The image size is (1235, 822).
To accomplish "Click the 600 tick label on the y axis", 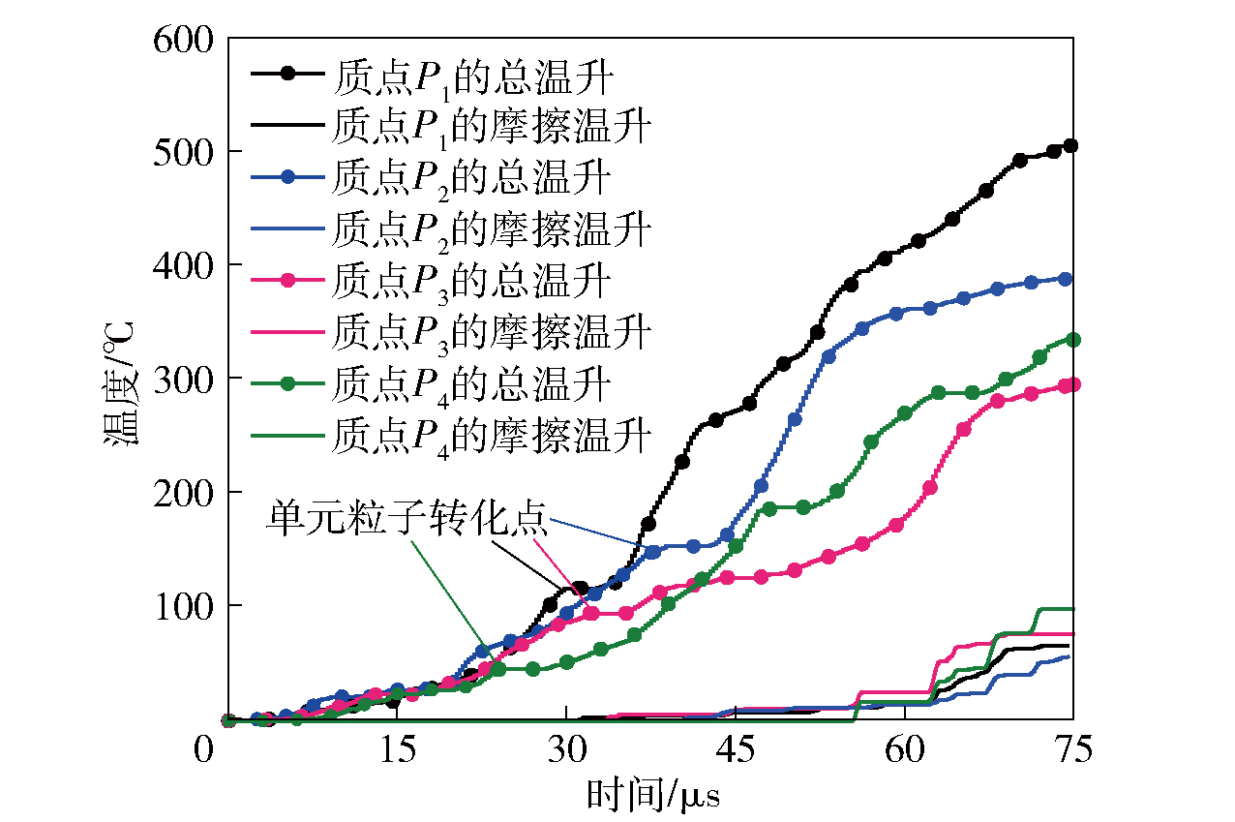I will (x=183, y=40).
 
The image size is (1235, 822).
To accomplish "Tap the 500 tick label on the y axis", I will (x=183, y=153).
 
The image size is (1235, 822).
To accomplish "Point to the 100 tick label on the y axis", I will (x=183, y=606).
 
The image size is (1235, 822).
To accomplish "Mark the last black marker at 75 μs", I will (x=1070, y=145).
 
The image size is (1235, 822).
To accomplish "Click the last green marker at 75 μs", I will (x=1072, y=340).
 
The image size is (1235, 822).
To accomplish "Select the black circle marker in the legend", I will (x=289, y=75).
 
